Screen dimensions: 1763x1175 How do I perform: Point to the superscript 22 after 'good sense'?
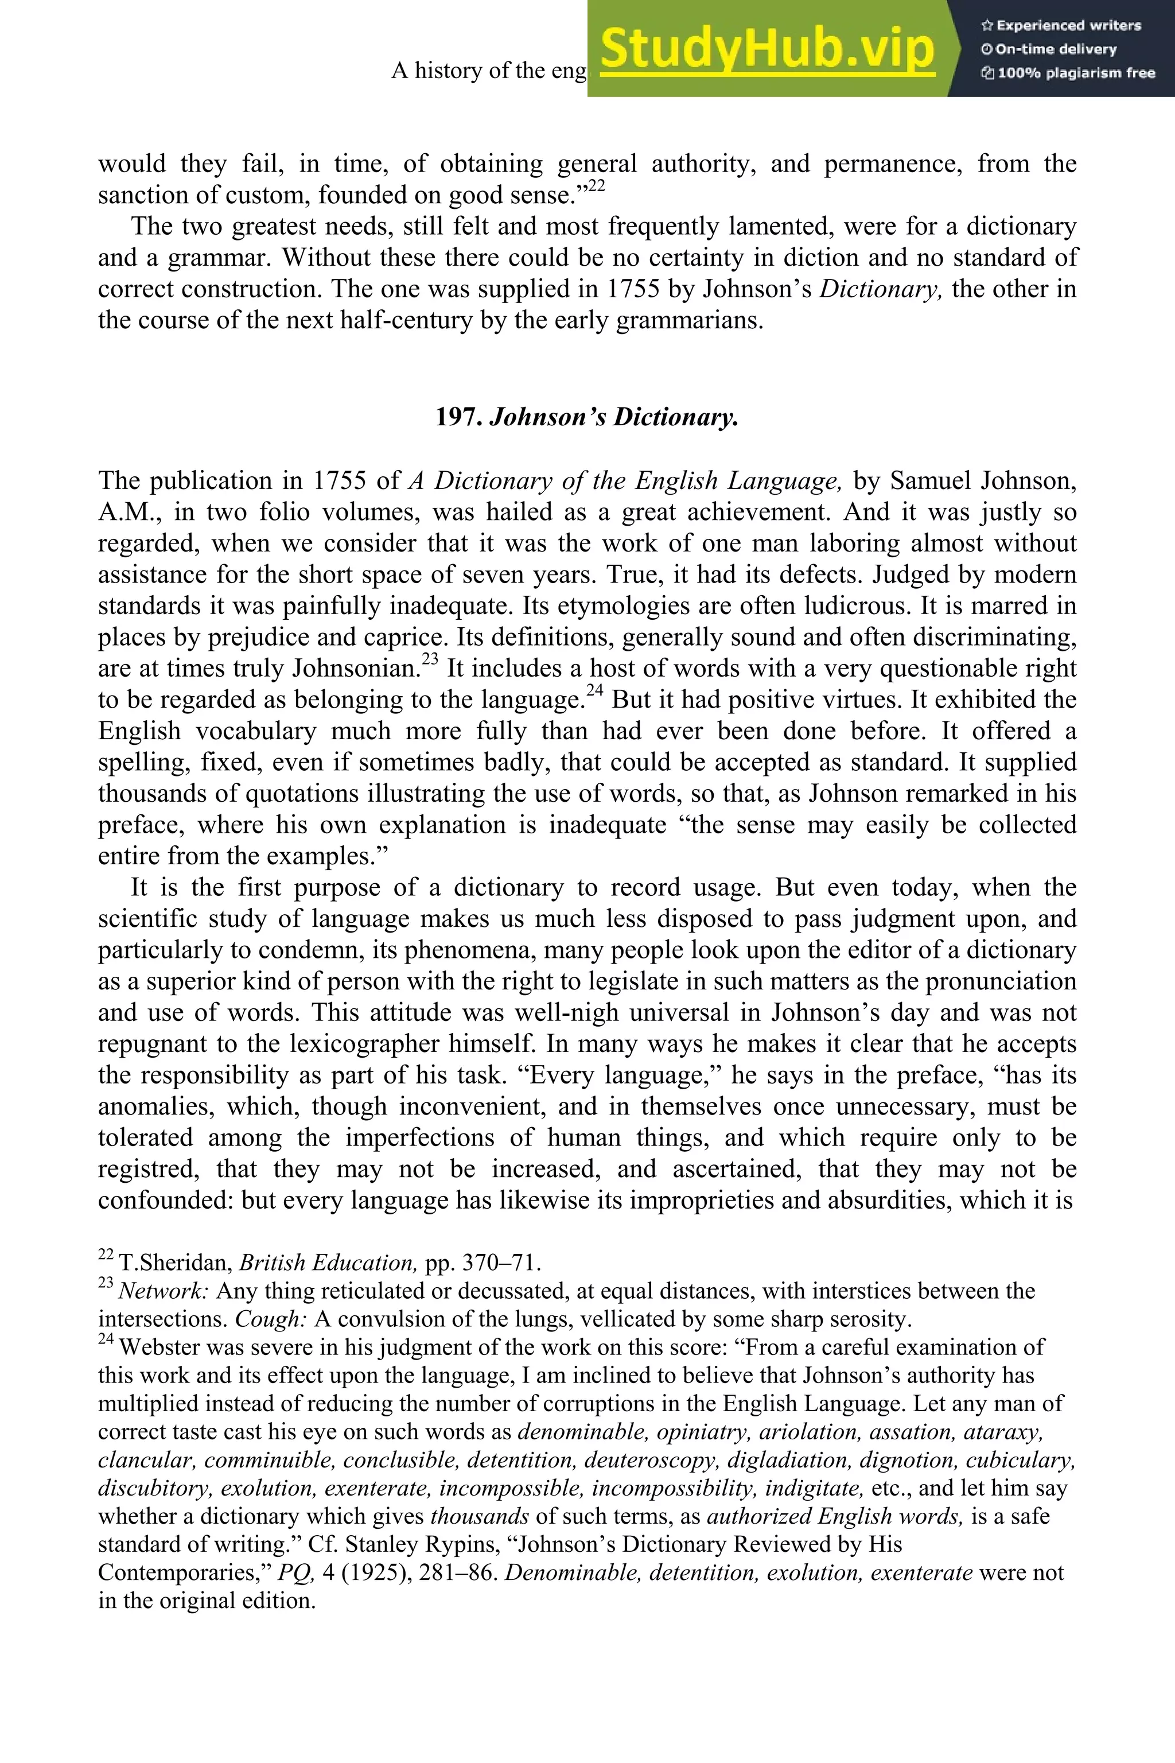[x=597, y=186]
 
